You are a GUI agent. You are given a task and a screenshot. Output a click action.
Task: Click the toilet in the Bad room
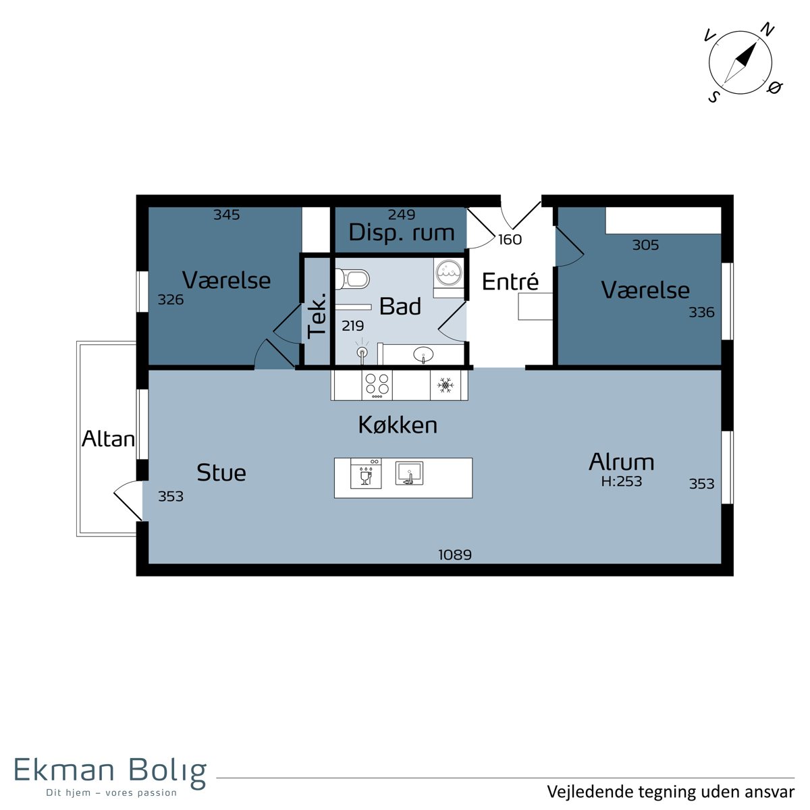click(x=352, y=278)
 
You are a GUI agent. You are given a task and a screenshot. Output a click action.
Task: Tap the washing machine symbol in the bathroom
click(x=449, y=273)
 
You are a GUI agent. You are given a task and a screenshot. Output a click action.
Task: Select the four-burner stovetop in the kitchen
click(x=377, y=385)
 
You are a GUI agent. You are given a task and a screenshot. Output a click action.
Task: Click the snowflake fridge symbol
click(x=445, y=385)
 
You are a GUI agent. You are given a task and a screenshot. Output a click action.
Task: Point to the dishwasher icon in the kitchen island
click(x=366, y=473)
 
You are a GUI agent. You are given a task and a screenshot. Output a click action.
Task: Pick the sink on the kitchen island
click(x=409, y=473)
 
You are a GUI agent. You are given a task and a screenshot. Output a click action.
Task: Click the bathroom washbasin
click(x=423, y=355)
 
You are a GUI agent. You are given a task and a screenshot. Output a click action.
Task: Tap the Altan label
click(x=108, y=439)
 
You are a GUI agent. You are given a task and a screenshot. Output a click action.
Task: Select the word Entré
click(x=510, y=281)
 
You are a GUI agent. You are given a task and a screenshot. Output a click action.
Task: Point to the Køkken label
click(x=398, y=425)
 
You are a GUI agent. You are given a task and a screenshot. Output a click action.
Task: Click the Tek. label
click(x=317, y=316)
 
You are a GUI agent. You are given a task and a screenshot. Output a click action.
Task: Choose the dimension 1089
click(x=455, y=555)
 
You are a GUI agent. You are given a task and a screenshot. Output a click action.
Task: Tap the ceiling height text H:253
click(x=621, y=481)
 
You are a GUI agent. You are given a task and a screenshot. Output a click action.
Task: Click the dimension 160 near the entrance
click(x=510, y=240)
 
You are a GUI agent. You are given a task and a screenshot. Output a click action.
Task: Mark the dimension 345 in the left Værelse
click(x=227, y=215)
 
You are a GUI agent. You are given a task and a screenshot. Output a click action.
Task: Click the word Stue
click(x=221, y=473)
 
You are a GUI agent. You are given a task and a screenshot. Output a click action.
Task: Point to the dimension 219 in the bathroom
click(x=352, y=326)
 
